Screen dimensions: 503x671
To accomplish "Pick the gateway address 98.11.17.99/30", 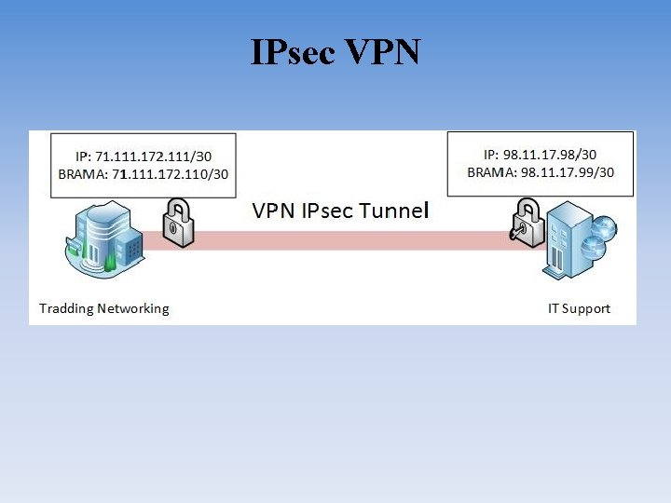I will pos(568,172).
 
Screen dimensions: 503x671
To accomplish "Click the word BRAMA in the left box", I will pos(81,173).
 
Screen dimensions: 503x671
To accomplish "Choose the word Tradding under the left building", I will pos(67,308).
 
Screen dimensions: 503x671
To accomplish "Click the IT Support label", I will pos(579,308).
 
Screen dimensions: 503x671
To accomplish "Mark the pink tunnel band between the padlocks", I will pos(345,240).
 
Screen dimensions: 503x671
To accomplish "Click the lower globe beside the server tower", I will pos(594,247).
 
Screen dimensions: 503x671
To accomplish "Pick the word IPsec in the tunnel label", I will pos(326,211).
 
